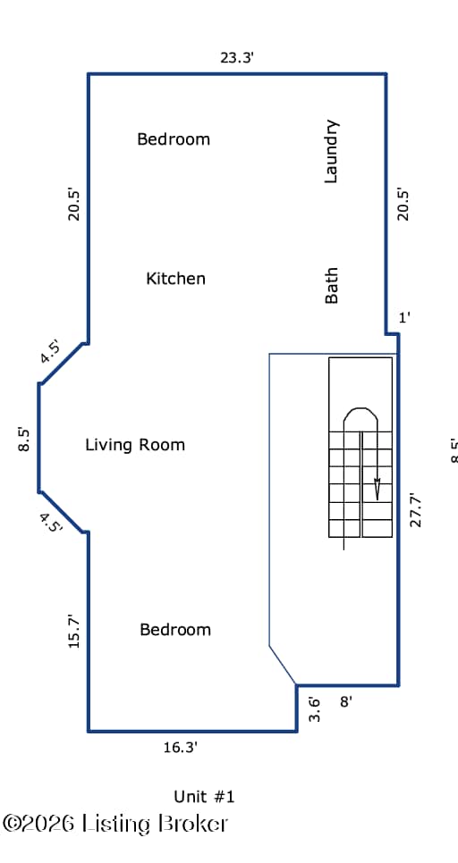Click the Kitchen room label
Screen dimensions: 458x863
(175, 279)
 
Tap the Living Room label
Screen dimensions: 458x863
(135, 445)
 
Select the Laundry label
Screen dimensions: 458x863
(331, 151)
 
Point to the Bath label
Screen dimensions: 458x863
(331, 286)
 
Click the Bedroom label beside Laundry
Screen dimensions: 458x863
(174, 138)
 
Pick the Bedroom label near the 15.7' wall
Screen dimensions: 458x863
(175, 629)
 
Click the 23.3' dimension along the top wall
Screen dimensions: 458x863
(236, 57)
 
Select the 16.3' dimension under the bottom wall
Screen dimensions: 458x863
(180, 748)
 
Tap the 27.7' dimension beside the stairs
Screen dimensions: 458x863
(416, 509)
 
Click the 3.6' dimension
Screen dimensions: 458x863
(314, 709)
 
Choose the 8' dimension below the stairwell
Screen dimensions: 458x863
(346, 701)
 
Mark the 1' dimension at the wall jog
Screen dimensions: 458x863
(404, 317)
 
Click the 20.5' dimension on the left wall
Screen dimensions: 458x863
(74, 205)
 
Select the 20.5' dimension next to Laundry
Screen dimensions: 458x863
(404, 205)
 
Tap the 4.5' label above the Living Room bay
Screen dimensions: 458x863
(50, 352)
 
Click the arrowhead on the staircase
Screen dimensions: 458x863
(377, 489)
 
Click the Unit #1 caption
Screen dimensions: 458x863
(204, 796)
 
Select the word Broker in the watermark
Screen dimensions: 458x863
(193, 824)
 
